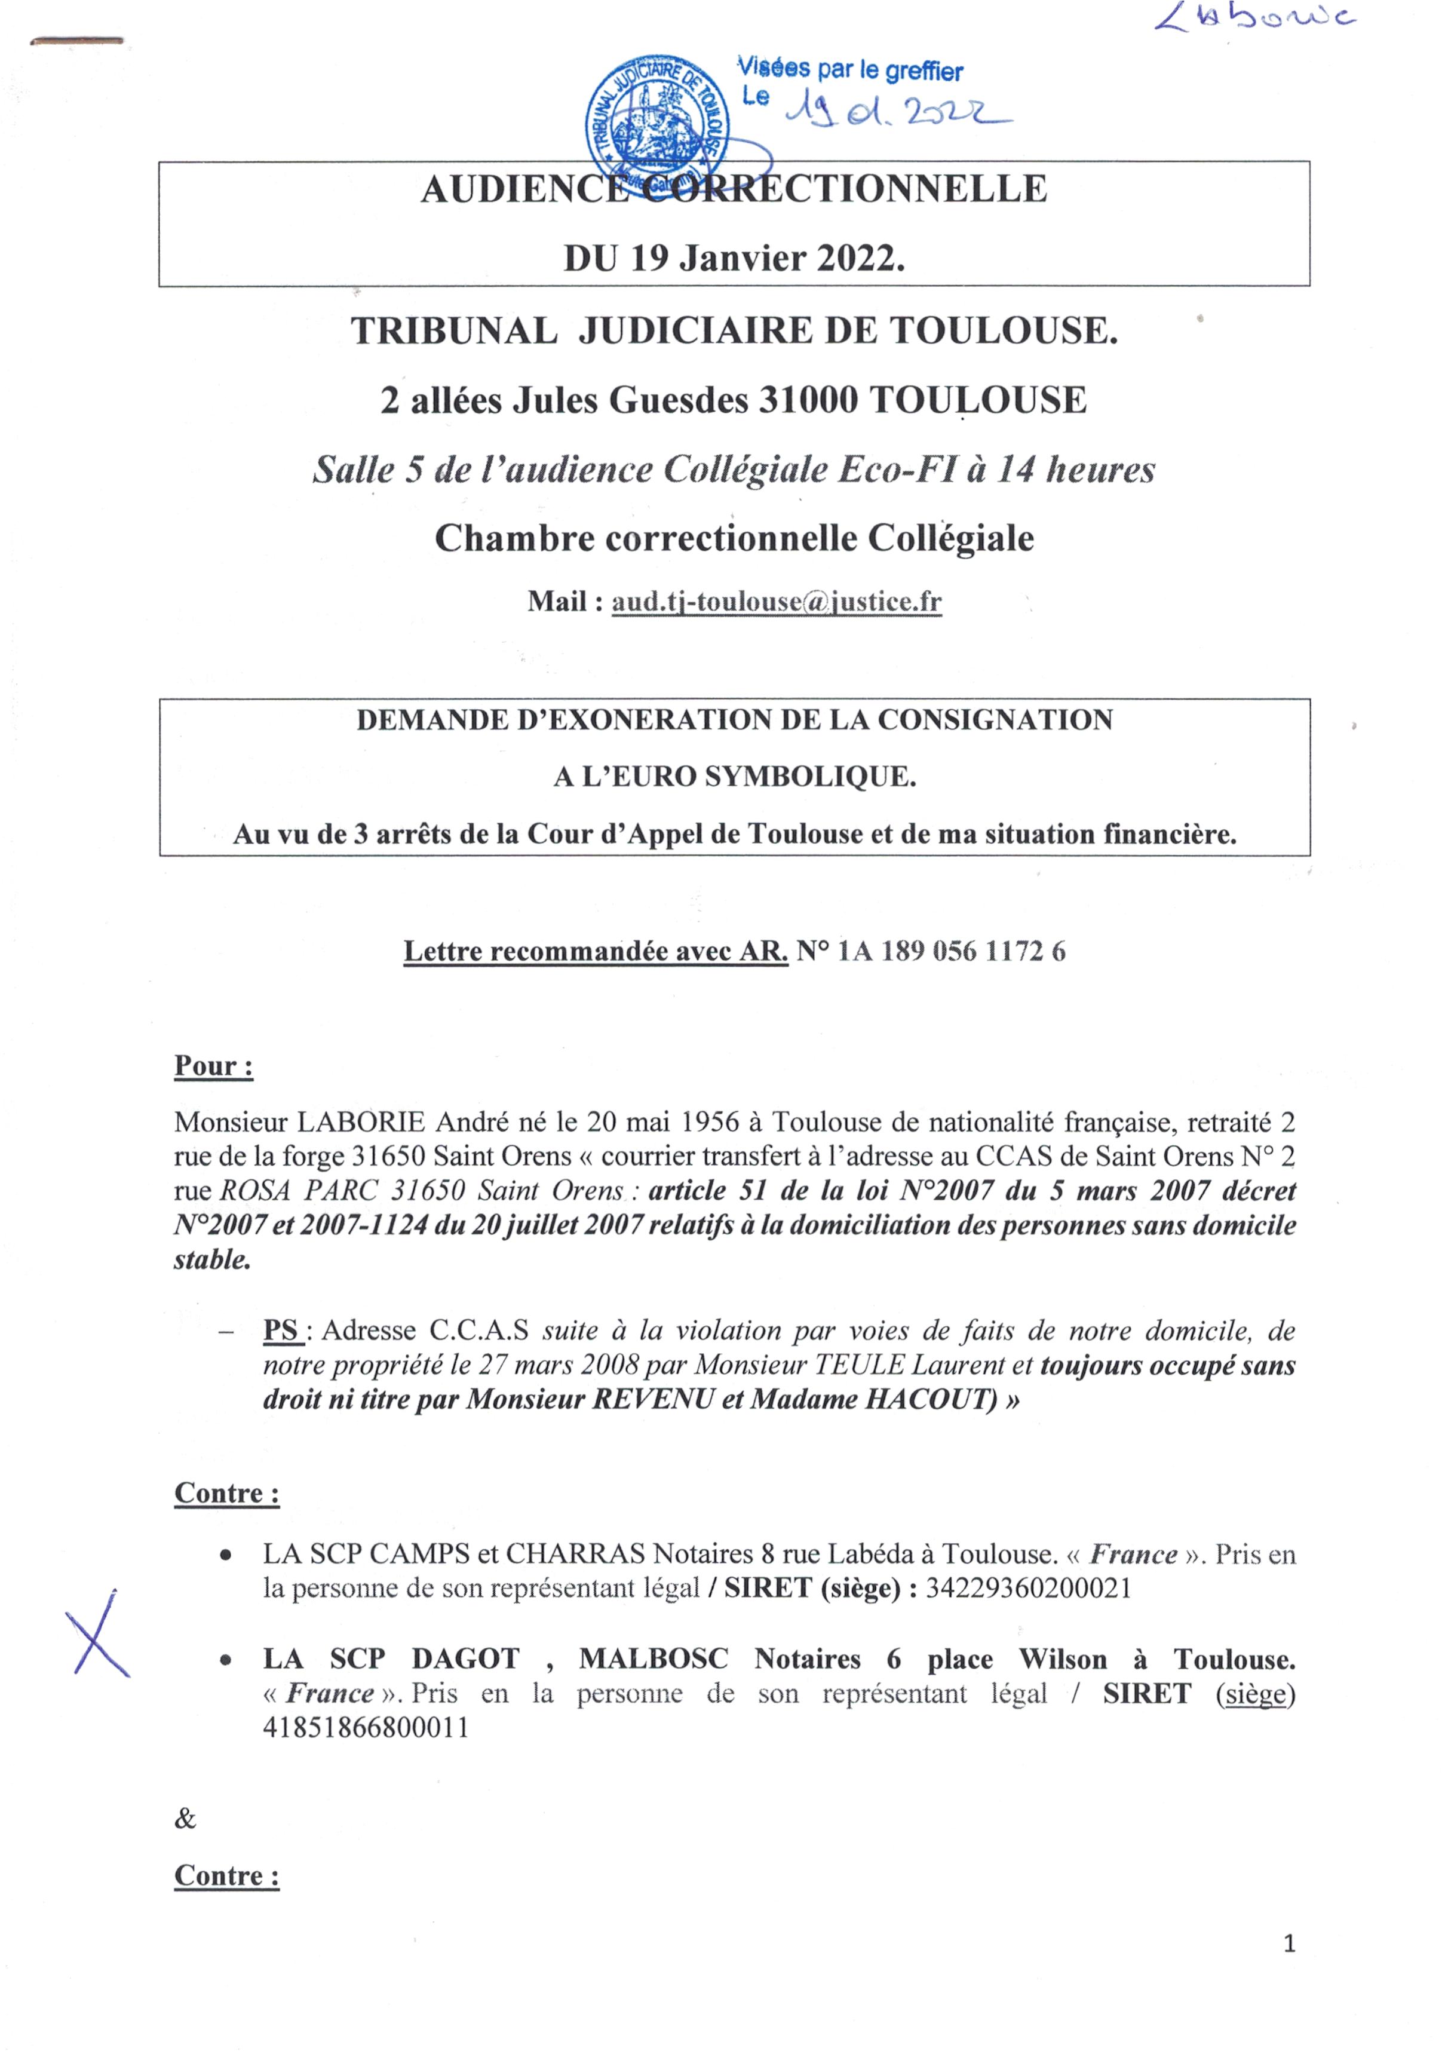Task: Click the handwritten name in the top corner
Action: (x=1255, y=20)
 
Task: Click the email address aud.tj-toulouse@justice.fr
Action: (x=776, y=601)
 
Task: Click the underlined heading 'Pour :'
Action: (x=213, y=1066)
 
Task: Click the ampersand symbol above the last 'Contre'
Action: (x=185, y=1818)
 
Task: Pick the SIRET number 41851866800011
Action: (x=366, y=1727)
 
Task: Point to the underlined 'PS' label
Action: (x=281, y=1331)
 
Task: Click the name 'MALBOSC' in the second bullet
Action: (x=653, y=1659)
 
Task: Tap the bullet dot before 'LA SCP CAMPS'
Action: (x=226, y=1555)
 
